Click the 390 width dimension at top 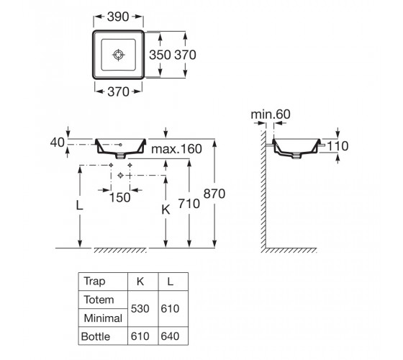coord(118,17)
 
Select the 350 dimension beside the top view coord(160,55)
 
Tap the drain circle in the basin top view coord(119,55)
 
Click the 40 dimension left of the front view coord(57,143)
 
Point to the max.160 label coord(176,149)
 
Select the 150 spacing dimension coord(119,198)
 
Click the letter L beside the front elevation coord(79,205)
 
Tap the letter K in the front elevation coord(166,210)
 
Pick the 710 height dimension coord(189,204)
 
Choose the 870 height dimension coord(214,194)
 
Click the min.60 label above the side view coord(271,114)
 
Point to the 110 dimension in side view coord(338,146)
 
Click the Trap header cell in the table coord(94,282)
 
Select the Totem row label coord(99,300)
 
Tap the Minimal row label coord(103,318)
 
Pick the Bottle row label coord(96,337)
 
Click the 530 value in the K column coord(140,309)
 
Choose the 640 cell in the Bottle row coord(170,336)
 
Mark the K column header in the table coord(140,282)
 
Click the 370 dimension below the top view coord(118,92)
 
